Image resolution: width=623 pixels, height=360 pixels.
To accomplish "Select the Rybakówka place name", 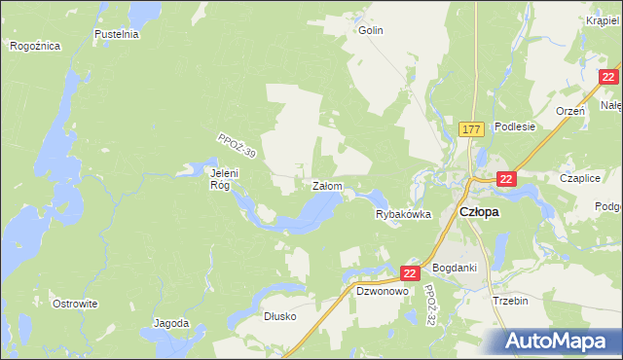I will click(403, 215).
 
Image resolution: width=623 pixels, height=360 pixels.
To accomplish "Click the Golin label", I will click(371, 30).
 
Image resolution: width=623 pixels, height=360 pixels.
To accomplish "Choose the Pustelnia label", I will click(117, 34).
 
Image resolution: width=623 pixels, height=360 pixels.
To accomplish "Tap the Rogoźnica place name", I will click(35, 46).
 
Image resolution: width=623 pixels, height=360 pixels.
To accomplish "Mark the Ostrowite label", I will click(75, 304).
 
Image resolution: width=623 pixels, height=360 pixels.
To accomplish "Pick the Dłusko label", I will click(279, 316).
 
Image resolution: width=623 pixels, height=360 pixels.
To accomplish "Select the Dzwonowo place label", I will click(381, 290).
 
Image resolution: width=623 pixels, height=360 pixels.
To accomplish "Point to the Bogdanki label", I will click(454, 268).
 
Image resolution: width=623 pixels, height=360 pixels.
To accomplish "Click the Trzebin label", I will click(510, 301).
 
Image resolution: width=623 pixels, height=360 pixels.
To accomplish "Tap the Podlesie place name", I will click(515, 126).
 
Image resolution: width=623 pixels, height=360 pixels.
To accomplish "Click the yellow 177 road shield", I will click(472, 128).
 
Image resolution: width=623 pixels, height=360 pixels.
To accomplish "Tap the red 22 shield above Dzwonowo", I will click(409, 274).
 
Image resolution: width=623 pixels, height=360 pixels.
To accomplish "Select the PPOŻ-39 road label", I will click(237, 147).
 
